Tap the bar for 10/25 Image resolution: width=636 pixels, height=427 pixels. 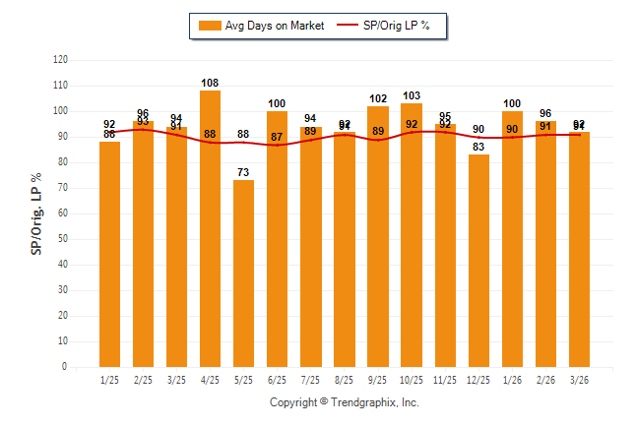click(x=412, y=235)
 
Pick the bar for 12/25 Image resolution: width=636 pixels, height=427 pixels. click(x=478, y=261)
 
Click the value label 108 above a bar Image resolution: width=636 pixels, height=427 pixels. click(x=210, y=83)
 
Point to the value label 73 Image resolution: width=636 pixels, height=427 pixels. click(x=243, y=172)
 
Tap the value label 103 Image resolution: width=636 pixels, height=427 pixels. click(x=412, y=95)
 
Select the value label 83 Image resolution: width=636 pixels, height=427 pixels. click(x=478, y=147)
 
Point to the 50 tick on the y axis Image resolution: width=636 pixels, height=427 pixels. click(x=62, y=239)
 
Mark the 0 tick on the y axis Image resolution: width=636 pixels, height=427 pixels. click(x=65, y=367)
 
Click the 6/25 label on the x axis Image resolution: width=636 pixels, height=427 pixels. click(x=277, y=380)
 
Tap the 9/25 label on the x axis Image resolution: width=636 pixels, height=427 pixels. click(x=378, y=380)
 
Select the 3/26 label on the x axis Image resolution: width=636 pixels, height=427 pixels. click(x=579, y=380)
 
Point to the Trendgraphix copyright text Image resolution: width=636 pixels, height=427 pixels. click(x=345, y=402)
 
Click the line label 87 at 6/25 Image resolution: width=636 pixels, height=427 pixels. click(x=277, y=137)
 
